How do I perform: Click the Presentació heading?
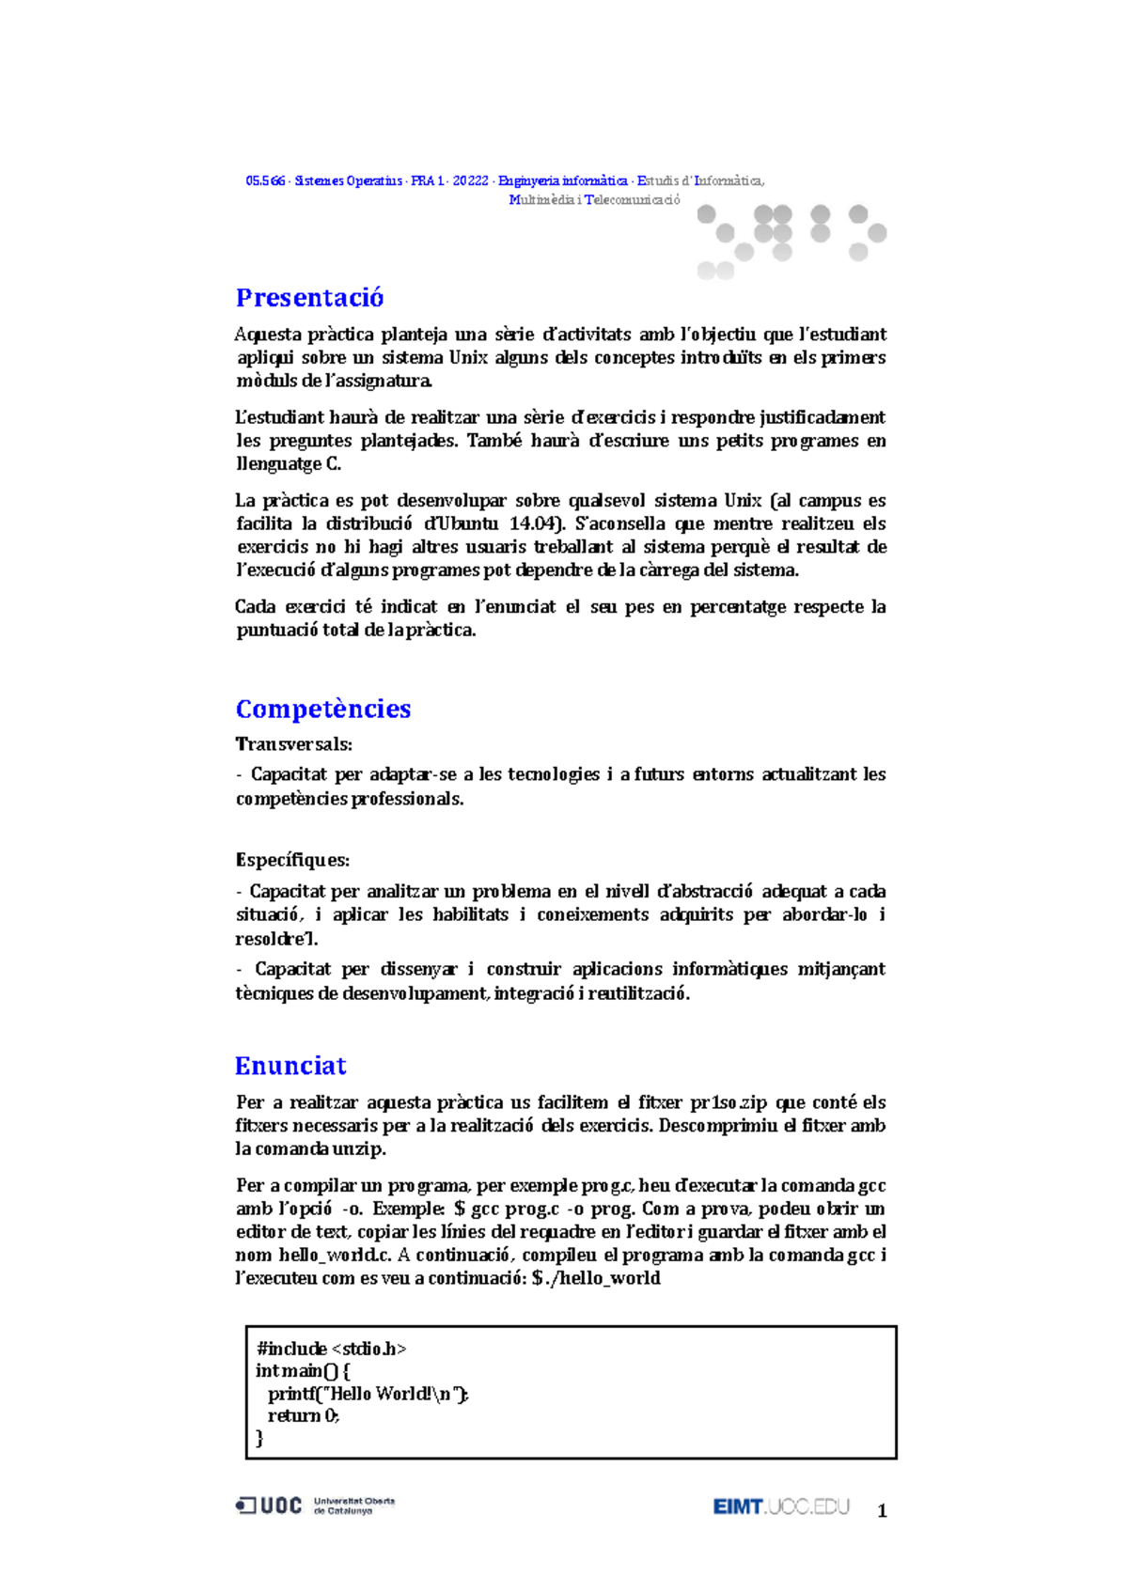point(309,298)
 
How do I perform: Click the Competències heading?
point(322,709)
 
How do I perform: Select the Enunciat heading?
point(290,1066)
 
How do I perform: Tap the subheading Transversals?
point(293,744)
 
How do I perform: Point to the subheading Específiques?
point(292,860)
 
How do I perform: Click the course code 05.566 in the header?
point(265,180)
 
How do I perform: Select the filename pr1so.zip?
point(728,1102)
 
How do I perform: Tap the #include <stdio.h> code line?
point(331,1349)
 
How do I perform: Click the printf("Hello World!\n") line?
point(368,1394)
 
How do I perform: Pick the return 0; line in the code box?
point(303,1416)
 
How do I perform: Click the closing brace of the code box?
point(259,1439)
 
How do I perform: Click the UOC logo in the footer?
point(269,1506)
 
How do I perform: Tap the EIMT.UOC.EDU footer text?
point(780,1506)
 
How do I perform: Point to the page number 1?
point(882,1511)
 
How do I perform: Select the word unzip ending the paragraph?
point(359,1148)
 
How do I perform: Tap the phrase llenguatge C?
point(288,464)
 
